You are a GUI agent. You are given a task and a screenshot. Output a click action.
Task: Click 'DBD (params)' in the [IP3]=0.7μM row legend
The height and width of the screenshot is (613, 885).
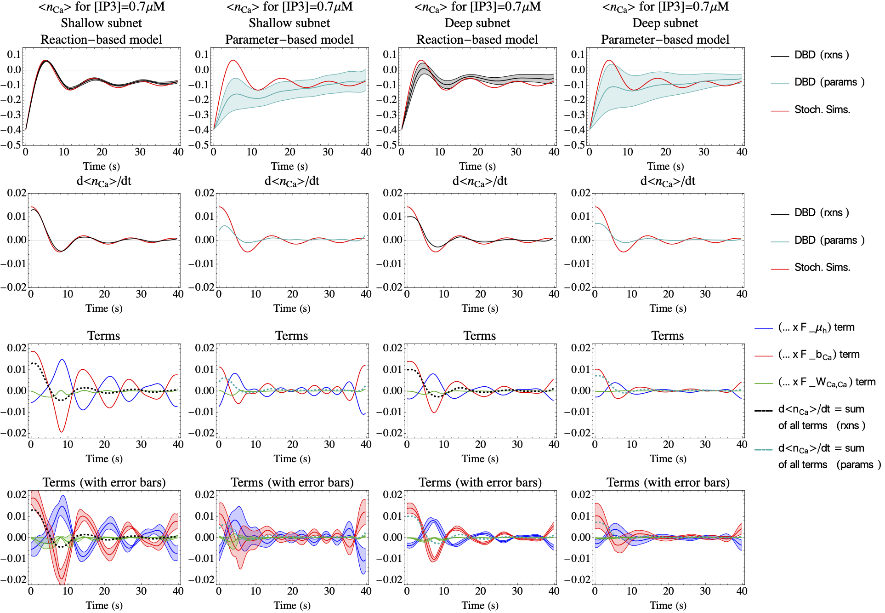click(x=829, y=82)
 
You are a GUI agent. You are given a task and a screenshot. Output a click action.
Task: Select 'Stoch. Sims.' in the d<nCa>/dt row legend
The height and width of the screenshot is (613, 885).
click(x=822, y=268)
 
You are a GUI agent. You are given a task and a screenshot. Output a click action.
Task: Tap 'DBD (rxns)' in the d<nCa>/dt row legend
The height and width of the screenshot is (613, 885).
click(x=822, y=213)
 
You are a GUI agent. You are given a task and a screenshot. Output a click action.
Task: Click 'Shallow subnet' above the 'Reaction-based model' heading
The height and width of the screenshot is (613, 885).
click(x=101, y=23)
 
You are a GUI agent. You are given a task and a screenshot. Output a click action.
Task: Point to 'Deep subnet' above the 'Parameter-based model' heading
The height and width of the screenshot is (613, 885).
click(x=665, y=23)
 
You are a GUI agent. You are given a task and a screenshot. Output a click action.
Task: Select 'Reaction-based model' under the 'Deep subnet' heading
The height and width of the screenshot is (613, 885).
click(x=477, y=40)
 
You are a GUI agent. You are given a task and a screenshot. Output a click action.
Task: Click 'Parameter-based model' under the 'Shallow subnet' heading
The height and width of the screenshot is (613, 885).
click(x=289, y=40)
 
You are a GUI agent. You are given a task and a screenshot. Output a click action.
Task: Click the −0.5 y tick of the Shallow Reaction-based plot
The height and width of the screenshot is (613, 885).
click(x=11, y=145)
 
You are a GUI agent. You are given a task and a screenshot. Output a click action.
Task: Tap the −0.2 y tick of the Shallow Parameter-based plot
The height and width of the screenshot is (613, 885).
click(x=199, y=100)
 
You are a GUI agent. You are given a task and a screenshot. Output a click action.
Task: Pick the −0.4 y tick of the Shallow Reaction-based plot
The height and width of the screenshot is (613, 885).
click(x=11, y=130)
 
